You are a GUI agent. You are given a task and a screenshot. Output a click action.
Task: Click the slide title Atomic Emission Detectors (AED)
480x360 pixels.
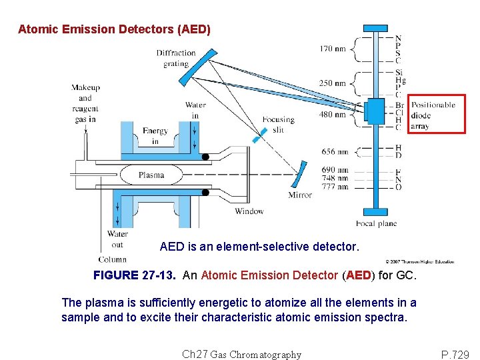[x=114, y=29]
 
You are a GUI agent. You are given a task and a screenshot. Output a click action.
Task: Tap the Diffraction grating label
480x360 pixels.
[x=176, y=59]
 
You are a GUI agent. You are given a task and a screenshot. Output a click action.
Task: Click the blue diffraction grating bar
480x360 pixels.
[x=197, y=67]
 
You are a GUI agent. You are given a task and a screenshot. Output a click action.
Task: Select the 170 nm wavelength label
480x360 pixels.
[x=332, y=49]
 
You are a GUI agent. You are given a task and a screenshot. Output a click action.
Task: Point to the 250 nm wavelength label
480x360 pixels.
[x=332, y=83]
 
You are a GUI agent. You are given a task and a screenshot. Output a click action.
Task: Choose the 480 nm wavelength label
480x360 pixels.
[x=332, y=114]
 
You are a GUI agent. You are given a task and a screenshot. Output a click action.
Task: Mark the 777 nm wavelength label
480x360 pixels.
[x=334, y=187]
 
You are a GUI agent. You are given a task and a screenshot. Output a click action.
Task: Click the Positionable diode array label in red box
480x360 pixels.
[x=433, y=115]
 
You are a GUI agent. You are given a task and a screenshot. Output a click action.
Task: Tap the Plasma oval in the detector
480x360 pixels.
[x=151, y=175]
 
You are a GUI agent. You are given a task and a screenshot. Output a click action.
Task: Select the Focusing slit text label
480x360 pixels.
[x=278, y=125]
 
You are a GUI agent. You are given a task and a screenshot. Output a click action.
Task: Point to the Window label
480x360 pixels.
[x=249, y=211]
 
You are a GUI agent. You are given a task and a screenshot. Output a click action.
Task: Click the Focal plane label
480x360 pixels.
[x=376, y=223]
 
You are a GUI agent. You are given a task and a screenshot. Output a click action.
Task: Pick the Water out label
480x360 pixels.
[x=117, y=239]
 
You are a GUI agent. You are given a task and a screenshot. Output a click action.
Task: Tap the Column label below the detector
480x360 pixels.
[x=112, y=259]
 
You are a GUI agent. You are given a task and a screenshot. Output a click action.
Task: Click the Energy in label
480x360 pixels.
[x=155, y=136]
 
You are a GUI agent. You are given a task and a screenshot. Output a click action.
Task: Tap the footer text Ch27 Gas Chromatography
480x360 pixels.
[x=241, y=354]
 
